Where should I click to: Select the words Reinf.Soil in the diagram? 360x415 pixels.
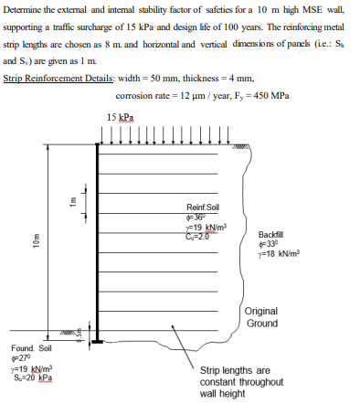[199, 209]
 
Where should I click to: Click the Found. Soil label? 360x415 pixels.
[32, 348]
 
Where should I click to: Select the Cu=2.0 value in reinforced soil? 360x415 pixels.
[198, 234]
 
